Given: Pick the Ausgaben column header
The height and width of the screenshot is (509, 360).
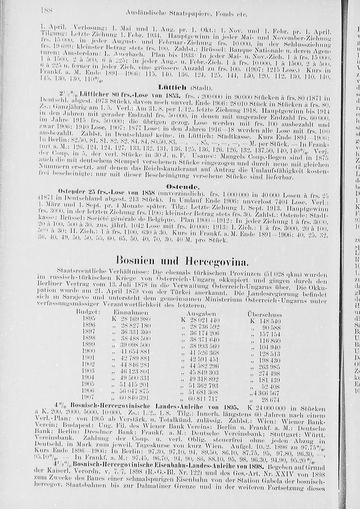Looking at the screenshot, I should point(201,314).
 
